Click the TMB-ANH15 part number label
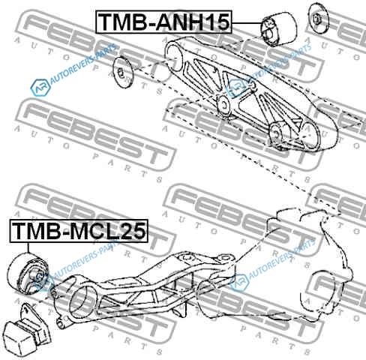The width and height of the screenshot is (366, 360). pyautogui.click(x=164, y=22)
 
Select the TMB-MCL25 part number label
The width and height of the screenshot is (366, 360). pyautogui.click(x=79, y=231)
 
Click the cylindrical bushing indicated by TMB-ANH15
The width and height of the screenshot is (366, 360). pyautogui.click(x=278, y=28)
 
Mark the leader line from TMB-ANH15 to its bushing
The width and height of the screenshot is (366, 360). pyautogui.click(x=247, y=23)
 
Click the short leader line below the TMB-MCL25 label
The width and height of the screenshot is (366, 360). pyautogui.click(x=28, y=248)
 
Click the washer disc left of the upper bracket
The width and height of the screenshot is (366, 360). pyautogui.click(x=122, y=72)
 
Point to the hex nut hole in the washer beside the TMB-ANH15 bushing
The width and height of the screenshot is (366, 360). pyautogui.click(x=316, y=19)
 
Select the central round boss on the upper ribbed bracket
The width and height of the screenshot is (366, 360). pyautogui.click(x=223, y=105)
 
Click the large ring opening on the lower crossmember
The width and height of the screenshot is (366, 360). pyautogui.click(x=82, y=300)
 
